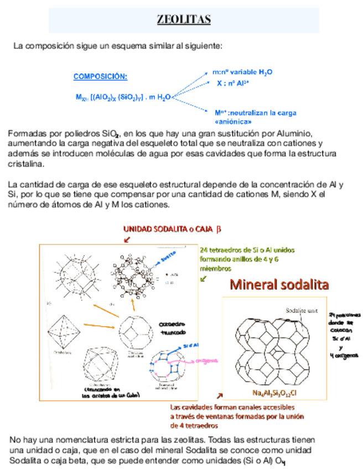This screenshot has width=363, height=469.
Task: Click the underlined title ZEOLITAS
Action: pos(184,20)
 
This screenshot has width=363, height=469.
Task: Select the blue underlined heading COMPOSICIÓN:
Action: pos(100,76)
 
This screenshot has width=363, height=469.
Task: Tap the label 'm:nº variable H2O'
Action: pos(242,72)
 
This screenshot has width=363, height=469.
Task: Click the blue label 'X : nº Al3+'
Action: pos(233,83)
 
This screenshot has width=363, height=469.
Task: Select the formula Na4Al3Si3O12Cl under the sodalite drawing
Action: pos(275,393)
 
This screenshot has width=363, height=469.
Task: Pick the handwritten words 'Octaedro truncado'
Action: pos(173,329)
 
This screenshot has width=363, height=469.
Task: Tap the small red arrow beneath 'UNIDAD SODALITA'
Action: pos(127,239)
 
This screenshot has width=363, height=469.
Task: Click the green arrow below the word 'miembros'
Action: pos(203,279)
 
